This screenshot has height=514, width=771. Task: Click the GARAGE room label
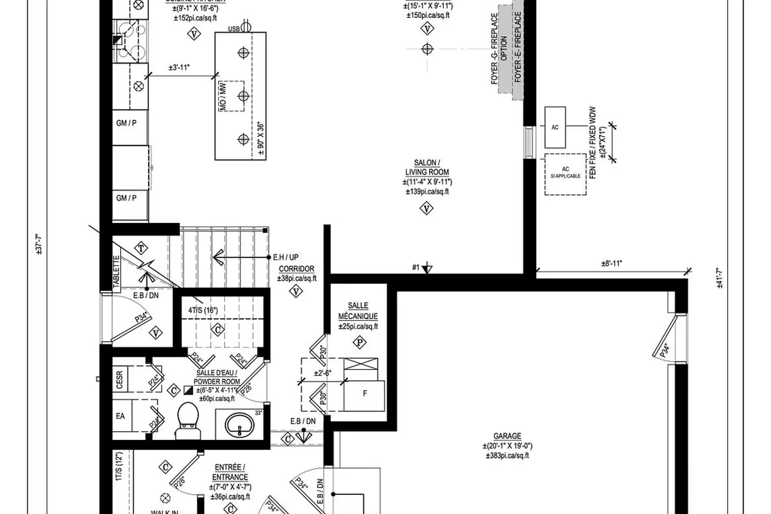tap(507, 436)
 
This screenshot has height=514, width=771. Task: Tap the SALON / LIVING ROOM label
tap(427, 168)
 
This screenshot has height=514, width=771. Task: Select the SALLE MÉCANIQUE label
tap(358, 311)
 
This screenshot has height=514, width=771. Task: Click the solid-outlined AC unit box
tap(555, 127)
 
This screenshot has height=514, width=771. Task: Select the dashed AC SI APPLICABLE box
tap(565, 174)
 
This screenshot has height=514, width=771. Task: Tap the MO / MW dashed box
tap(232, 96)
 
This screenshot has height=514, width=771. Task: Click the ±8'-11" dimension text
tap(612, 264)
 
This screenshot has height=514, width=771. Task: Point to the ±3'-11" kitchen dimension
tap(179, 67)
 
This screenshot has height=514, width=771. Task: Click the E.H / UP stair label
tap(286, 257)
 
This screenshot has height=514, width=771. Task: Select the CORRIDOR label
tap(297, 269)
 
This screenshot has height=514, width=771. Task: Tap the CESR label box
tap(120, 380)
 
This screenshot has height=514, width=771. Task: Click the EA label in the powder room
tap(120, 416)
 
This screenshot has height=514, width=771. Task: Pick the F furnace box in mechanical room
tap(365, 394)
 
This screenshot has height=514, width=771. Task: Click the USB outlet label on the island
tap(234, 29)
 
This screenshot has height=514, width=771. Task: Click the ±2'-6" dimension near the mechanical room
tap(323, 373)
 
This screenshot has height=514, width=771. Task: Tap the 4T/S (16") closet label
tap(203, 310)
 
